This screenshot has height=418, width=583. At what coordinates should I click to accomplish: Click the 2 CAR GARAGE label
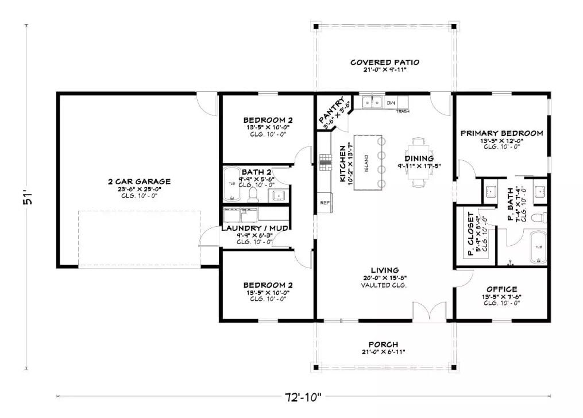[x=139, y=181]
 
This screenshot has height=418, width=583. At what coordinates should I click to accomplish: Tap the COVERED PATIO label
[x=385, y=62]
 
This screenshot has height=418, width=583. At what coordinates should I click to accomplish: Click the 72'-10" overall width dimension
[x=303, y=396]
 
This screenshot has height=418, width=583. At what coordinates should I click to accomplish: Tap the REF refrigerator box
[x=325, y=203]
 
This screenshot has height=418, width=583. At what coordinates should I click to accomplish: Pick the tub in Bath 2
[x=231, y=184]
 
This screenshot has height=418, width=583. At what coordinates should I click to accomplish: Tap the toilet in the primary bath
[x=538, y=218]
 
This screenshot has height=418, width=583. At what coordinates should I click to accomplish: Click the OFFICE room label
[x=501, y=289]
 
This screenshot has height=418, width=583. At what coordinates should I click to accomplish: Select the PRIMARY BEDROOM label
[x=501, y=133]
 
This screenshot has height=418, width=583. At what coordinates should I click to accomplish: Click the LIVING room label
[x=385, y=270]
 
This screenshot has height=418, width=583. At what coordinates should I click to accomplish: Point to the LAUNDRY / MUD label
[x=254, y=228]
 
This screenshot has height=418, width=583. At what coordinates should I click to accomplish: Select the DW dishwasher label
[x=391, y=103]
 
